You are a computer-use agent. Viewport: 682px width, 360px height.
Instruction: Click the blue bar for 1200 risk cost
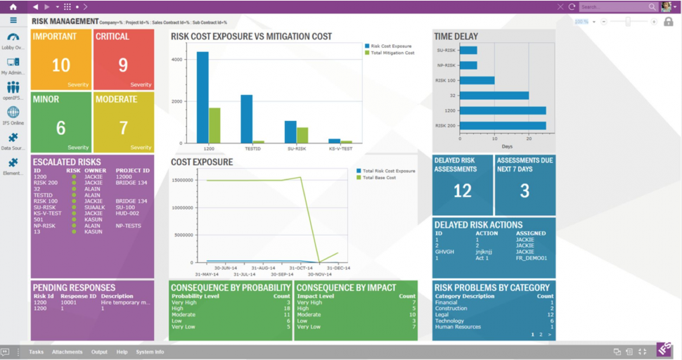pyautogui.click(x=202, y=97)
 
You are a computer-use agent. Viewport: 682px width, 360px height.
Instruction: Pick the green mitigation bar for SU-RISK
pyautogui.click(x=302, y=135)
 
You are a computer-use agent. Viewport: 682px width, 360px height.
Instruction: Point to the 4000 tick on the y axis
pyautogui.click(x=177, y=60)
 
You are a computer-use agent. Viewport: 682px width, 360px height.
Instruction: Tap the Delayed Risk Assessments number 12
pyautogui.click(x=462, y=191)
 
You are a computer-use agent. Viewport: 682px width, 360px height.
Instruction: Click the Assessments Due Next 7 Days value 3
pyautogui.click(x=525, y=191)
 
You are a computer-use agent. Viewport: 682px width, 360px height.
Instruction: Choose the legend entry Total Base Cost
pyautogui.click(x=379, y=178)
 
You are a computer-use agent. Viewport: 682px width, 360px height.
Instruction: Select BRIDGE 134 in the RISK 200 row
pyautogui.click(x=131, y=183)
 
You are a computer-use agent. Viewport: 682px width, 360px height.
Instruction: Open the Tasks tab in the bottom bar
pyautogui.click(x=37, y=352)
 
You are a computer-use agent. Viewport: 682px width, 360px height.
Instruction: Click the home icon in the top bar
pyautogui.click(x=13, y=6)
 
